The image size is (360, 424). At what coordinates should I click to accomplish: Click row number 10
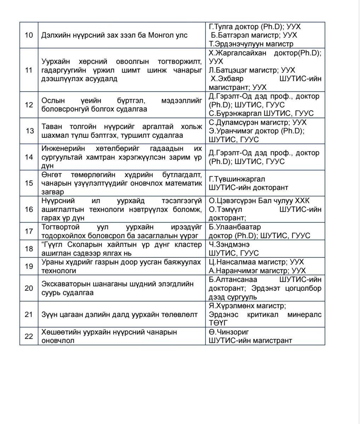29,36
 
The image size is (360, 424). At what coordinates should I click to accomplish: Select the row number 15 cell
29,183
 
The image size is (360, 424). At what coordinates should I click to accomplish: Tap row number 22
29,336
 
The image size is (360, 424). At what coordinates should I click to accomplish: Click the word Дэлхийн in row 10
56,36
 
